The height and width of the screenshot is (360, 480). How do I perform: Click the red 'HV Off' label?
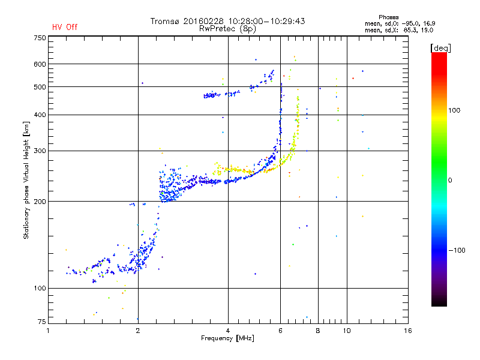(65, 27)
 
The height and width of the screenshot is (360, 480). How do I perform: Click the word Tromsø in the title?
(164, 21)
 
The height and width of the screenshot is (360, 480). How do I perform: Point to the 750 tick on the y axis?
(40, 37)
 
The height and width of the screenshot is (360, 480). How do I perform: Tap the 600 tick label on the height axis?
(40, 64)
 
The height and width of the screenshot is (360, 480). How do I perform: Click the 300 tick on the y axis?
(40, 151)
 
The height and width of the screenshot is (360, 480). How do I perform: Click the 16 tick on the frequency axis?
(407, 331)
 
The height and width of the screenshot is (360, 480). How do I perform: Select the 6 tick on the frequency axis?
(280, 331)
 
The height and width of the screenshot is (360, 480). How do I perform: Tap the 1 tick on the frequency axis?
(49, 331)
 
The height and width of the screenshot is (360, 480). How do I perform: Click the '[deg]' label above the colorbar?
(440, 47)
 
